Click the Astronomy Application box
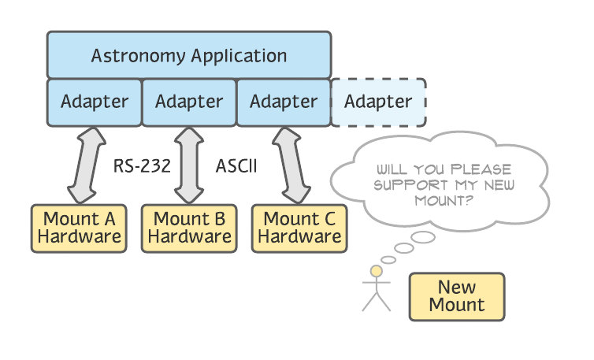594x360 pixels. pos(189,55)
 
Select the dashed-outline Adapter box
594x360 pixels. pos(379,102)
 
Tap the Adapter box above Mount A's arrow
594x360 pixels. pos(95,102)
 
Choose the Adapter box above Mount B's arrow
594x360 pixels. pos(189,102)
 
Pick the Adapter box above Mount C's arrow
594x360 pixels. pos(284,102)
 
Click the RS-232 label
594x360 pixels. pos(143,167)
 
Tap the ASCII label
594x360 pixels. pos(236,167)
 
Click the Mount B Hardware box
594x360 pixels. pos(189,228)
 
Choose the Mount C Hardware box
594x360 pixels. pos(299,228)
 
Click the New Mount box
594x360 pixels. pos(457,296)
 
